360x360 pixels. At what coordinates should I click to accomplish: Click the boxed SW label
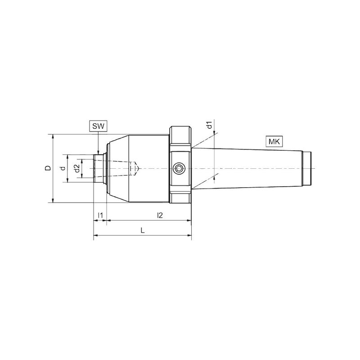(x=98, y=126)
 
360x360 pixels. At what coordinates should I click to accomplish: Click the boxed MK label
(x=274, y=142)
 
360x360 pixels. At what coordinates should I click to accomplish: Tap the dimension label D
(x=48, y=168)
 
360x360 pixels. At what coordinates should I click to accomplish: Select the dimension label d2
(x=77, y=168)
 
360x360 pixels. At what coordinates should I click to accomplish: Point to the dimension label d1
(x=209, y=126)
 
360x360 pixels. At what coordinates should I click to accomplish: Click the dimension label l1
(x=100, y=216)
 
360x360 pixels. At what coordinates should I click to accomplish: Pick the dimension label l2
(x=160, y=216)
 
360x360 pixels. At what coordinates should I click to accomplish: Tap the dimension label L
(x=143, y=230)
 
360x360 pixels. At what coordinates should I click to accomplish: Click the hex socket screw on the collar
(x=179, y=168)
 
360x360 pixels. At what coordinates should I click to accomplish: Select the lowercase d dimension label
(x=63, y=168)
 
